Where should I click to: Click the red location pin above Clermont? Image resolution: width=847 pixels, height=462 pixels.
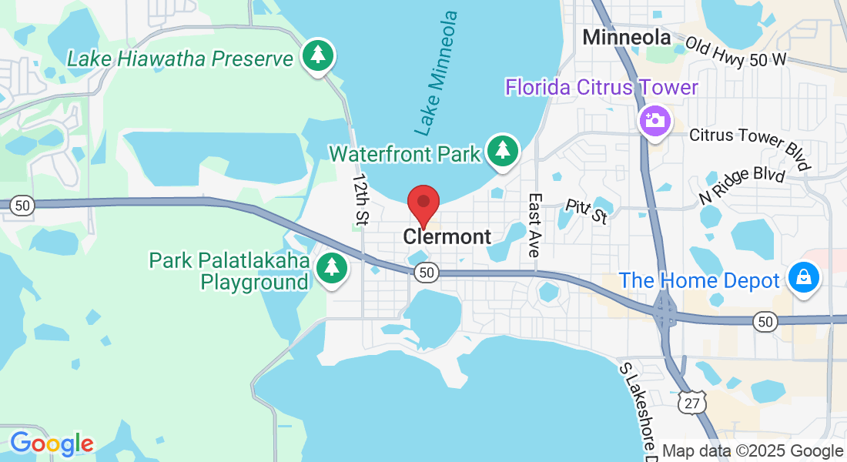tap(423, 203)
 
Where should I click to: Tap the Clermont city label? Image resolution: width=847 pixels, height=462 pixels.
tap(447, 236)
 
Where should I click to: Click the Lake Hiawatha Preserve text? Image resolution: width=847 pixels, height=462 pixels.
tap(180, 59)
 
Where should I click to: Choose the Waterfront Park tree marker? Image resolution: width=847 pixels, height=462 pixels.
tap(503, 150)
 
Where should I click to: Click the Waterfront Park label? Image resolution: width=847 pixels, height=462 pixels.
tap(405, 153)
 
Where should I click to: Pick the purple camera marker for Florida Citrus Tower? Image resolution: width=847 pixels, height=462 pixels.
tap(655, 120)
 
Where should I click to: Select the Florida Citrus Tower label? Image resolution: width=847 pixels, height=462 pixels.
tap(601, 87)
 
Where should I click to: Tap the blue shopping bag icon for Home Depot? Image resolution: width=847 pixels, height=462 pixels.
tap(804, 278)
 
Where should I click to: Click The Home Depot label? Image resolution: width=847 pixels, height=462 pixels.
tap(700, 280)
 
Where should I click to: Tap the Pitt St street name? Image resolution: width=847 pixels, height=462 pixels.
tap(586, 211)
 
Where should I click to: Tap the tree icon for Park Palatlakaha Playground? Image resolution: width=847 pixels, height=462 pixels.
tap(332, 267)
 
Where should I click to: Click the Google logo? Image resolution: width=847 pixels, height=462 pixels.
tap(51, 444)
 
